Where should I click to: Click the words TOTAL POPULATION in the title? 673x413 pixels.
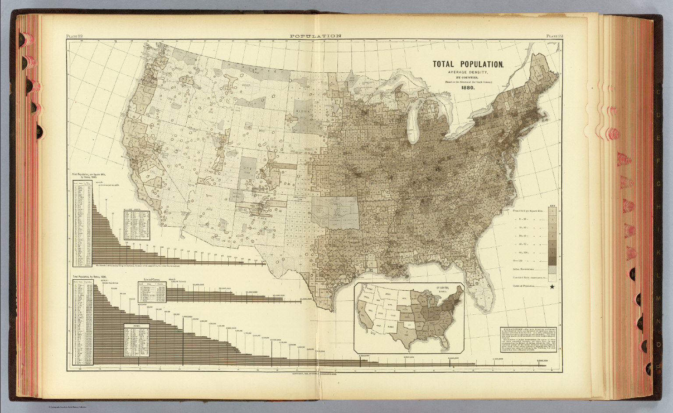tap(468, 64)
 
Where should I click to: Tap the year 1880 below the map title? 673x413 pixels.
tap(468, 87)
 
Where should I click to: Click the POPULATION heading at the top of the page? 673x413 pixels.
tap(315, 36)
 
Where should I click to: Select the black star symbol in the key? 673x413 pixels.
tap(552, 287)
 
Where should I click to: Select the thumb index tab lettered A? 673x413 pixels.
tap(21, 39)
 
